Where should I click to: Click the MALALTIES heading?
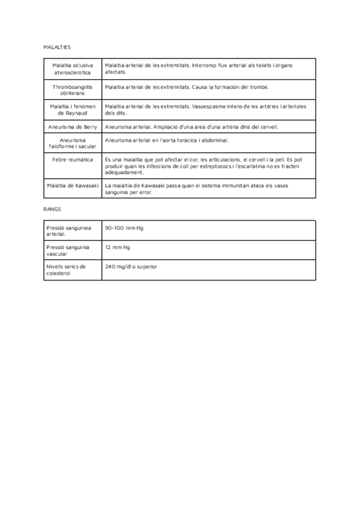[57, 46]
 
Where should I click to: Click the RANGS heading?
[52, 209]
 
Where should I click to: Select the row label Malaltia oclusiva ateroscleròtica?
[72, 68]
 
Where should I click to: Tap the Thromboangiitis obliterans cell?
[72, 90]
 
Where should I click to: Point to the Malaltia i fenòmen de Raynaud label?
[72, 109]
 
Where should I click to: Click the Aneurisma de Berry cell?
[72, 127]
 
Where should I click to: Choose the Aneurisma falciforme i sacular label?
[72, 143]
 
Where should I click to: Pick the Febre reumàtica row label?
[72, 160]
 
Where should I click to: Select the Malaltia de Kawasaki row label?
[72, 185]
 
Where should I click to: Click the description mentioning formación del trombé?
[187, 87]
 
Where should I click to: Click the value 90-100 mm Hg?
[124, 228]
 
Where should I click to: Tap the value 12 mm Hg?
[118, 247]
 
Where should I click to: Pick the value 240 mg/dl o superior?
[130, 267]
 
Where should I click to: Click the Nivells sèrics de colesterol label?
[66, 270]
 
